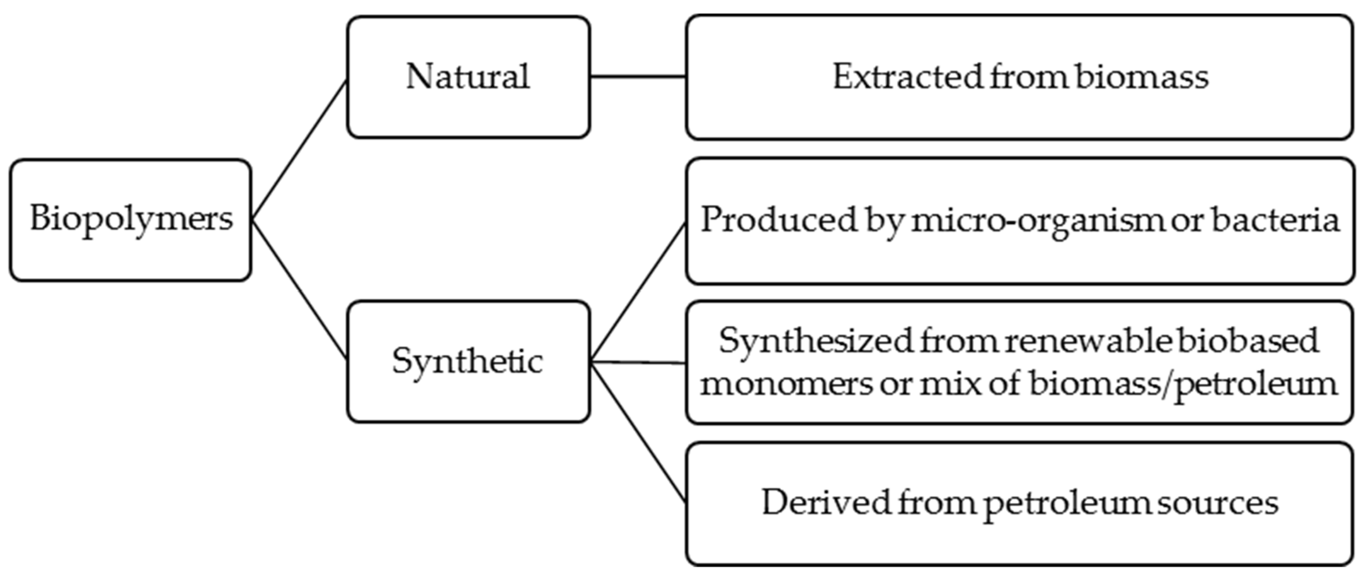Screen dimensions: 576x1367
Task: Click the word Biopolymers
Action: tap(131, 219)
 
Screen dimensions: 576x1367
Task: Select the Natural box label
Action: tap(467, 77)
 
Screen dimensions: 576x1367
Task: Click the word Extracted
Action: tap(907, 77)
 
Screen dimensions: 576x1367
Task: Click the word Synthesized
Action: tap(815, 341)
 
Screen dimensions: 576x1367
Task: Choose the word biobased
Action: tap(1248, 341)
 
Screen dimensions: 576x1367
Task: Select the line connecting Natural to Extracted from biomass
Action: tap(638, 77)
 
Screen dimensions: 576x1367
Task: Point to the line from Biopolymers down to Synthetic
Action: tap(299, 289)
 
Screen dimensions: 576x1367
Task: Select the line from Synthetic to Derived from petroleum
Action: tap(638, 432)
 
